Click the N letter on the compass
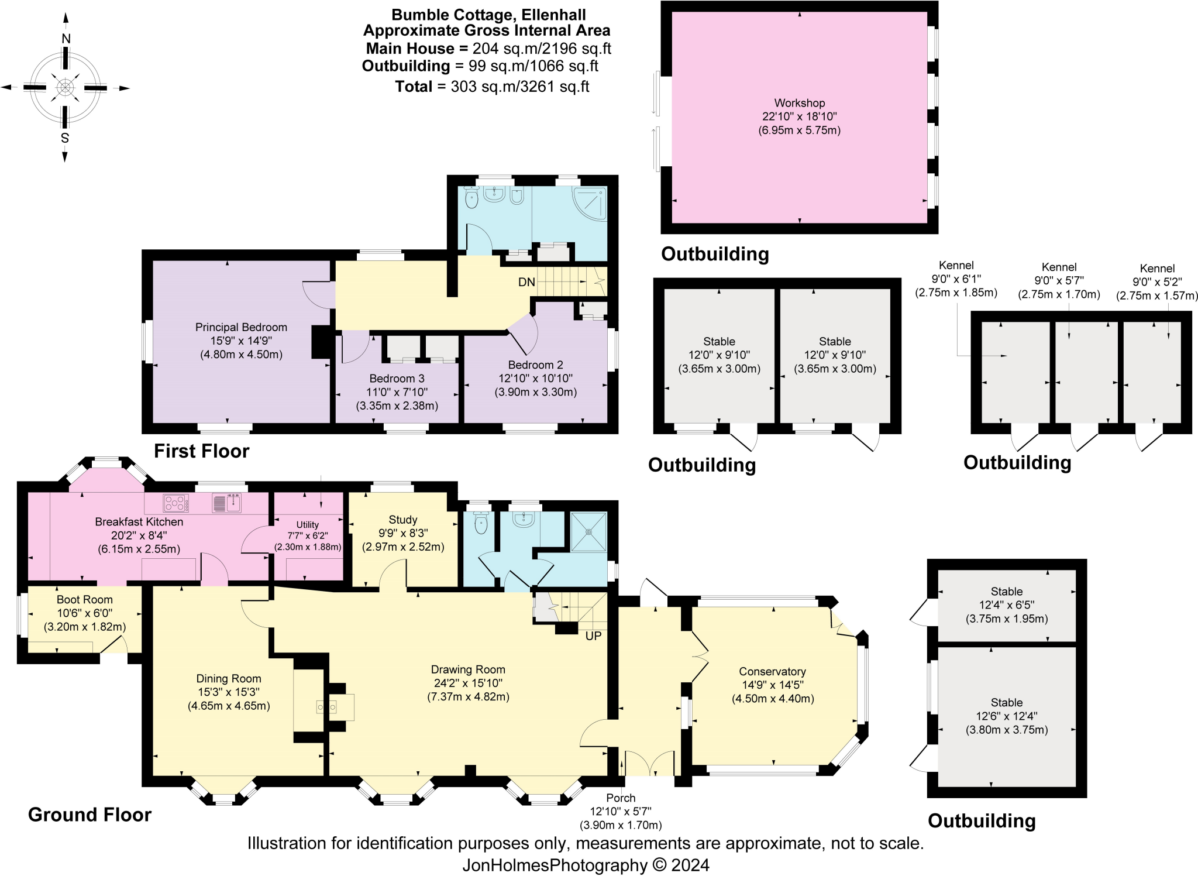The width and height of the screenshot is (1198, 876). point(66,39)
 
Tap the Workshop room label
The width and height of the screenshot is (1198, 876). point(799,103)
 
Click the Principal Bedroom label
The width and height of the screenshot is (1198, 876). point(241,327)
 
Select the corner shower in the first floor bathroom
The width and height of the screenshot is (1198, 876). point(590,203)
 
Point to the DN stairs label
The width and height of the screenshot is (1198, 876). point(526,282)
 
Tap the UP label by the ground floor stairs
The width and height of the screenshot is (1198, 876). point(593,636)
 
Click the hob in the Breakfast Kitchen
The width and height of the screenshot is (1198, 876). point(175,503)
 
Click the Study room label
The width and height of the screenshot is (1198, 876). point(402,520)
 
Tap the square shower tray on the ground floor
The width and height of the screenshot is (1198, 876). point(588,532)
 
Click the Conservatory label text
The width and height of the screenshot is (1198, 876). point(772,672)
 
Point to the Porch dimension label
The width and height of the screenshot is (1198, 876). point(621,812)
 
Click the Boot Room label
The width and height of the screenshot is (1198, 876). point(85,600)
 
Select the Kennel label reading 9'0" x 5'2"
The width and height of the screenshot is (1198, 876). point(1157,282)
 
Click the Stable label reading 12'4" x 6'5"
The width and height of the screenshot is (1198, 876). point(1006,605)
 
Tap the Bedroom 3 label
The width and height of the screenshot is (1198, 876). point(397,379)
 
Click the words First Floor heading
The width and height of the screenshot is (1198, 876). point(201,451)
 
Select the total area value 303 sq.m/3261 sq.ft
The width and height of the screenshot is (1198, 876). point(519,87)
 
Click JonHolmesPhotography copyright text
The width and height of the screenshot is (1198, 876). point(586,865)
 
